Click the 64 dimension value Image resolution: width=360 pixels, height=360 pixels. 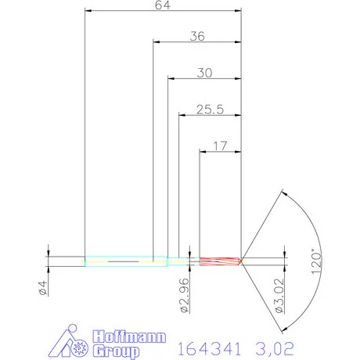[x=162, y=5]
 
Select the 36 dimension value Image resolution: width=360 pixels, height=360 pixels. [x=196, y=36]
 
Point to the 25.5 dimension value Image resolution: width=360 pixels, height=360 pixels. [x=210, y=110]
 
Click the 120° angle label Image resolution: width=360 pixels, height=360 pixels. [x=315, y=260]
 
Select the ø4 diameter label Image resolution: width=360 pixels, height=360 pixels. [x=44, y=289]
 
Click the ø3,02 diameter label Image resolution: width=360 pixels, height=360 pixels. [x=282, y=298]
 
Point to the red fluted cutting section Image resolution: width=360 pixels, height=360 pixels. [x=220, y=261]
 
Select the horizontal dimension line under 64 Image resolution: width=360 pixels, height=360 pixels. [x=162, y=12]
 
